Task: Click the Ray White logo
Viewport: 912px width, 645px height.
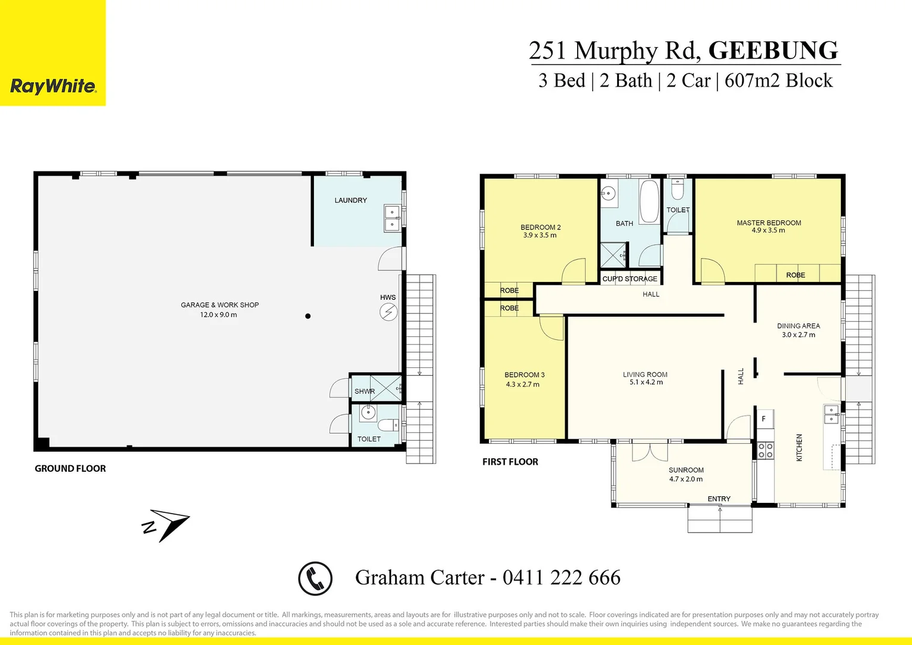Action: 53,87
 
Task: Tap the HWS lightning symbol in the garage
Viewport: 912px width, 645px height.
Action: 389,312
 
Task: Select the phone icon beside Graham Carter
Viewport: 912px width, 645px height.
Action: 315,578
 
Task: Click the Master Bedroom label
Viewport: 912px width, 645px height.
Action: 769,223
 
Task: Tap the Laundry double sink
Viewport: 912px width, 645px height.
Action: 392,218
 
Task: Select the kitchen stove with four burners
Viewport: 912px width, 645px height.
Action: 765,450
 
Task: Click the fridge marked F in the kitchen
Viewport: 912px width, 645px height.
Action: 765,419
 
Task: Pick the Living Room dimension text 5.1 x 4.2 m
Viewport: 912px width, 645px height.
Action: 646,382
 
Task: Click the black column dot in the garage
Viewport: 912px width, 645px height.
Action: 308,316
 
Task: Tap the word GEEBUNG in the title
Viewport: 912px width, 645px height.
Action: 773,50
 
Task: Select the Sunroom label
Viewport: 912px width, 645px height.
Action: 686,470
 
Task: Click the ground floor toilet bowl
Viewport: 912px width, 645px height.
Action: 388,425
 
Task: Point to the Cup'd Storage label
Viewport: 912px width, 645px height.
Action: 630,279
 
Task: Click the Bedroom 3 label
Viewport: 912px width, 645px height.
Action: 524,375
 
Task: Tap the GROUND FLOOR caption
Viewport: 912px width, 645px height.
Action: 70,469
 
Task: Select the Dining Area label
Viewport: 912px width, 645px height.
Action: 798,326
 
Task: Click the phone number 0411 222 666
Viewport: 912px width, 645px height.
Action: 561,578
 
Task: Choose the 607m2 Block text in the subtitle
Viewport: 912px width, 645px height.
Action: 778,81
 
